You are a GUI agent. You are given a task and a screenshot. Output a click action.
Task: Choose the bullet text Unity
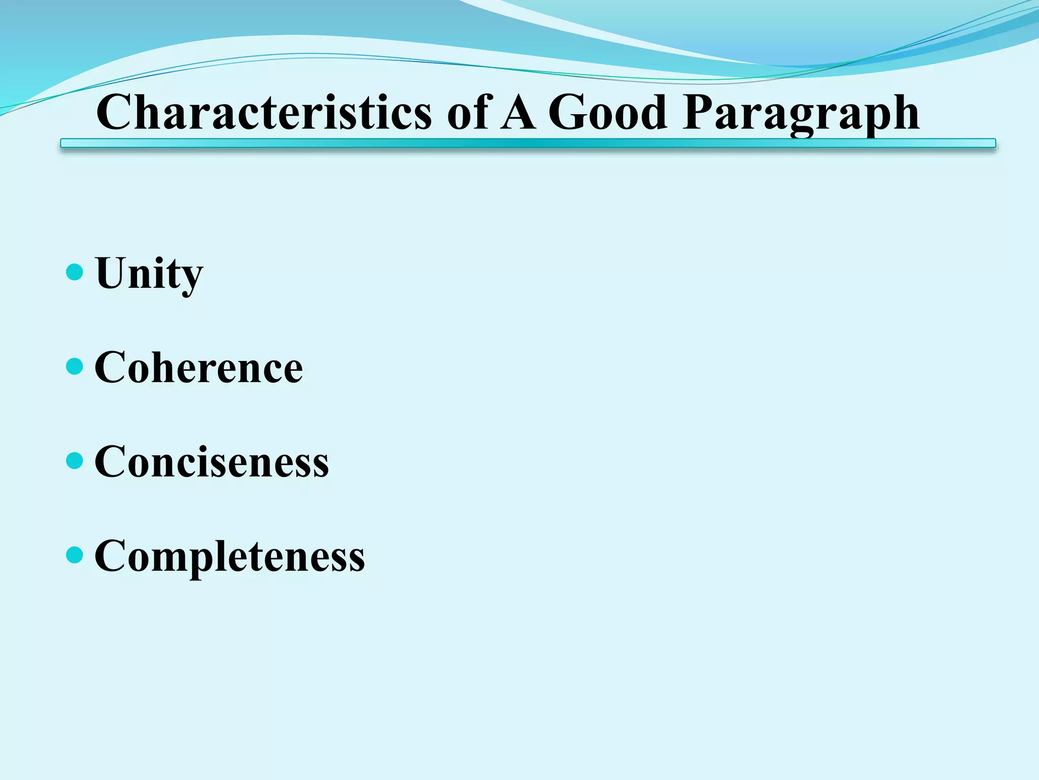149,274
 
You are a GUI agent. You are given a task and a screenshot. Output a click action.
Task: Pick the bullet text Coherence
198,367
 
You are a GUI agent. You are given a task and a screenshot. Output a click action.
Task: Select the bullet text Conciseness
212,462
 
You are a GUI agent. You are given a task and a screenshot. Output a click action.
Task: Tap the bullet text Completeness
229,556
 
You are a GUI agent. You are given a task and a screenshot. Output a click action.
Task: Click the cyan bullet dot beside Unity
75,272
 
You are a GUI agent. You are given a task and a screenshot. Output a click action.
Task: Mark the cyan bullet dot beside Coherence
75,366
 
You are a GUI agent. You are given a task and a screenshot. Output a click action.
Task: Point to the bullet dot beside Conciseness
75,461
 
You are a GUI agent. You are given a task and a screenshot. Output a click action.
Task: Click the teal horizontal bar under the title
528,144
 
